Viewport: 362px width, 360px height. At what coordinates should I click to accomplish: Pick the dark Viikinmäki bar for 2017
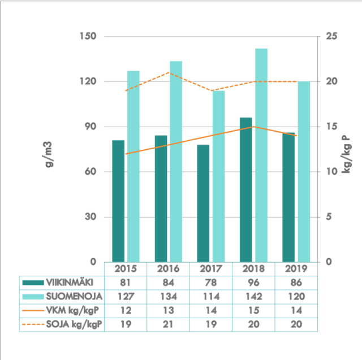click(203, 203)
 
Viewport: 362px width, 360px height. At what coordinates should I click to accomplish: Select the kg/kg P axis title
click(345, 153)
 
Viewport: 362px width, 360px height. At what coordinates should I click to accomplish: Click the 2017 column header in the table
click(210, 268)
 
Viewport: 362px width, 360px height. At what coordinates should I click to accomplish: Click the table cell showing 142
click(253, 296)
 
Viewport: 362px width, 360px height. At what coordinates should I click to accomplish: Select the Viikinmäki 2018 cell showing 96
click(253, 282)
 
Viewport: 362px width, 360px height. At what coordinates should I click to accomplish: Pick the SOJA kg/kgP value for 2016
click(168, 324)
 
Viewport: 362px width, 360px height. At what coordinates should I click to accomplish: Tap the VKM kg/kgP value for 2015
click(126, 310)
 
